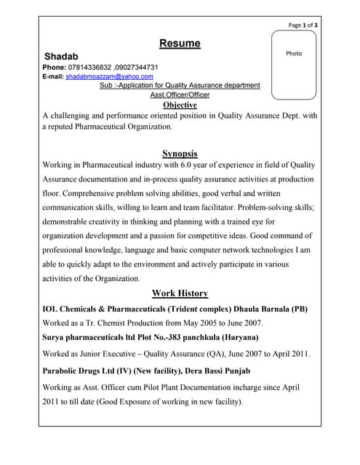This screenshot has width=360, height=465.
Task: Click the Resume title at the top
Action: click(x=180, y=44)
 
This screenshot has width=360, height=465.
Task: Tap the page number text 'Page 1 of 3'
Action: click(x=303, y=25)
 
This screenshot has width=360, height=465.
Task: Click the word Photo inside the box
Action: click(x=293, y=53)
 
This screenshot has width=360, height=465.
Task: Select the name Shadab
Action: click(x=61, y=56)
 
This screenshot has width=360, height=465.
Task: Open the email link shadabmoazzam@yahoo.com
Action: click(x=109, y=76)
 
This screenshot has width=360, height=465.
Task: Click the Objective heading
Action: click(x=180, y=105)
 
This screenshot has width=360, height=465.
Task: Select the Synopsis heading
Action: click(x=180, y=153)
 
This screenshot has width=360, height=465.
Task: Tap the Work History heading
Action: click(x=180, y=294)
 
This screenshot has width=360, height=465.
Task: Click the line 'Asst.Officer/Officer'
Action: click(x=180, y=94)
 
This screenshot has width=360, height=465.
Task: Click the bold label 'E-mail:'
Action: click(x=53, y=76)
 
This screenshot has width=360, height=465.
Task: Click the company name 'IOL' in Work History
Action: click(x=53, y=309)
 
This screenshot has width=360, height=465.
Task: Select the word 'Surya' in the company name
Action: click(x=57, y=338)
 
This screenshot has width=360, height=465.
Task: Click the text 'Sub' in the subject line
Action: click(x=105, y=86)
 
